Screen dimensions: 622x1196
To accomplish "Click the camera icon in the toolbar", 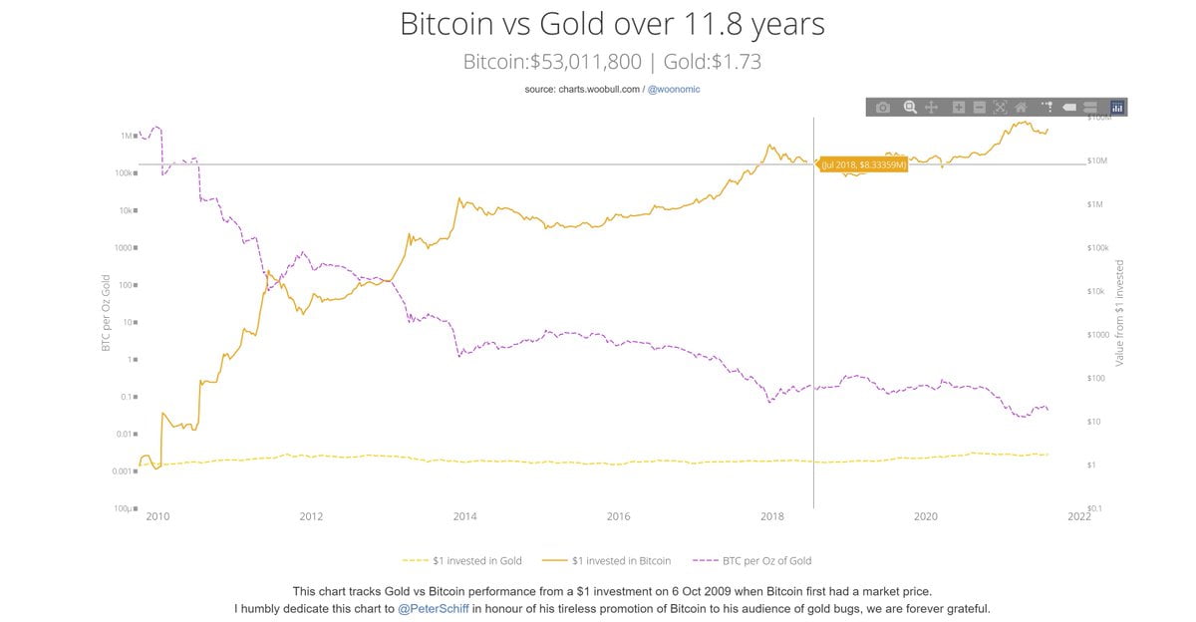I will (882, 107).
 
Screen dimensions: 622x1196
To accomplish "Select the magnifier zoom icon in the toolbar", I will (910, 107).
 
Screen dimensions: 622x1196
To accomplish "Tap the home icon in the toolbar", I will (1021, 107).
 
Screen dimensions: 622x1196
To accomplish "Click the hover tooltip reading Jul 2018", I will (863, 164).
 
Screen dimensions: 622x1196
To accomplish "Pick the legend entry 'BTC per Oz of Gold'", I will (756, 560).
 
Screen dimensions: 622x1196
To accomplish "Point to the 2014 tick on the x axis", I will (464, 516).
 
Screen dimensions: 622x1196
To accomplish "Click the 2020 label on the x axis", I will (926, 516).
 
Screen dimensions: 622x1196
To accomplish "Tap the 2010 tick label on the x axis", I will (157, 516).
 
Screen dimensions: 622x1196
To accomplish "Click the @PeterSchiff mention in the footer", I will (435, 608).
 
